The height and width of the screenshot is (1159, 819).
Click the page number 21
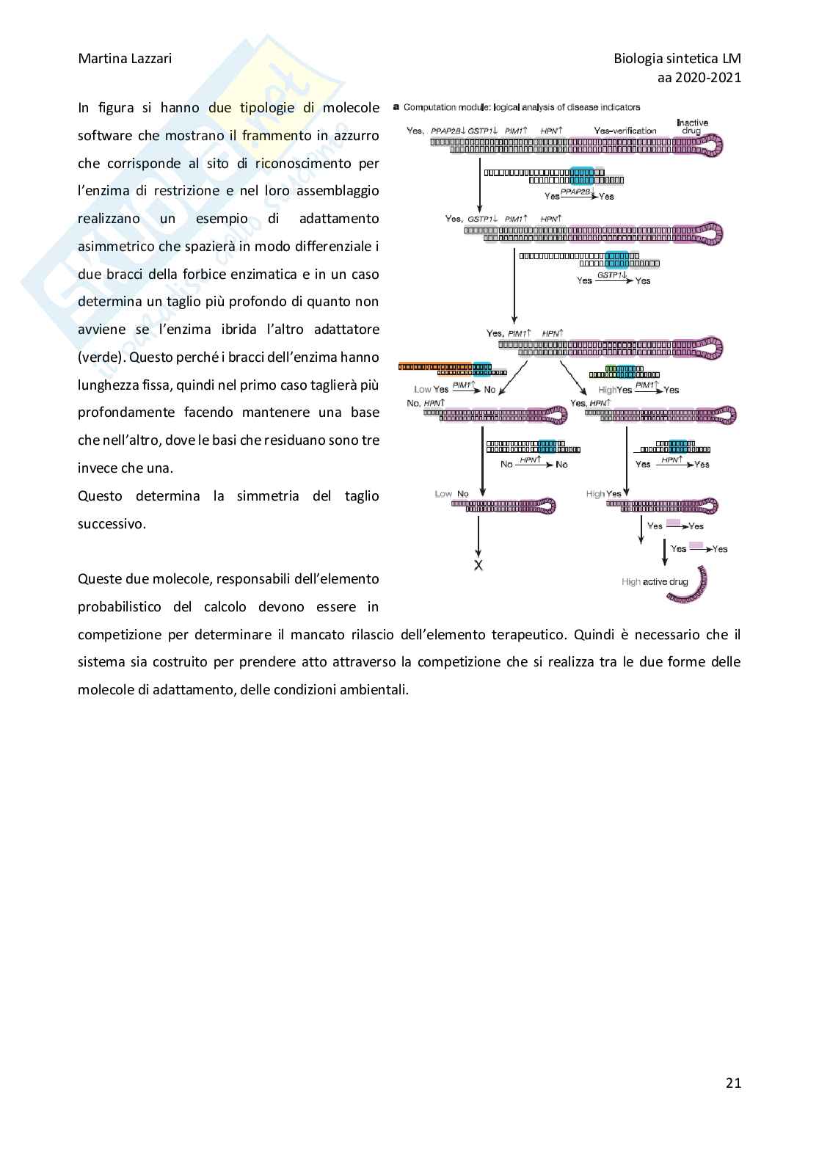tap(732, 1083)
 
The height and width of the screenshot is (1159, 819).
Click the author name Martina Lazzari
tap(125, 59)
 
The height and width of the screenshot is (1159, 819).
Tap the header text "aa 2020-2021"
tap(697, 77)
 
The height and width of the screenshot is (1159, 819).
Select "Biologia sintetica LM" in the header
tap(677, 59)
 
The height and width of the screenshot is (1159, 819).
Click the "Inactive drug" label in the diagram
tap(692, 126)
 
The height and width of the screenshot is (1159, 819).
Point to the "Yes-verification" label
tap(625, 131)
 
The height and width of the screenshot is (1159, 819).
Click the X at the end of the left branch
tap(478, 566)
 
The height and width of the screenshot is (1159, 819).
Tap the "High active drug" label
tap(655, 582)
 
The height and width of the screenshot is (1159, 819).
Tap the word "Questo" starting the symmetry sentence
tap(101, 496)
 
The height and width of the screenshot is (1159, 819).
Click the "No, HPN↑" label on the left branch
tap(426, 403)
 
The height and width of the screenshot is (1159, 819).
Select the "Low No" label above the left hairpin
tap(451, 494)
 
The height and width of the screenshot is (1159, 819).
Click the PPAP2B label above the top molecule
tap(446, 131)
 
